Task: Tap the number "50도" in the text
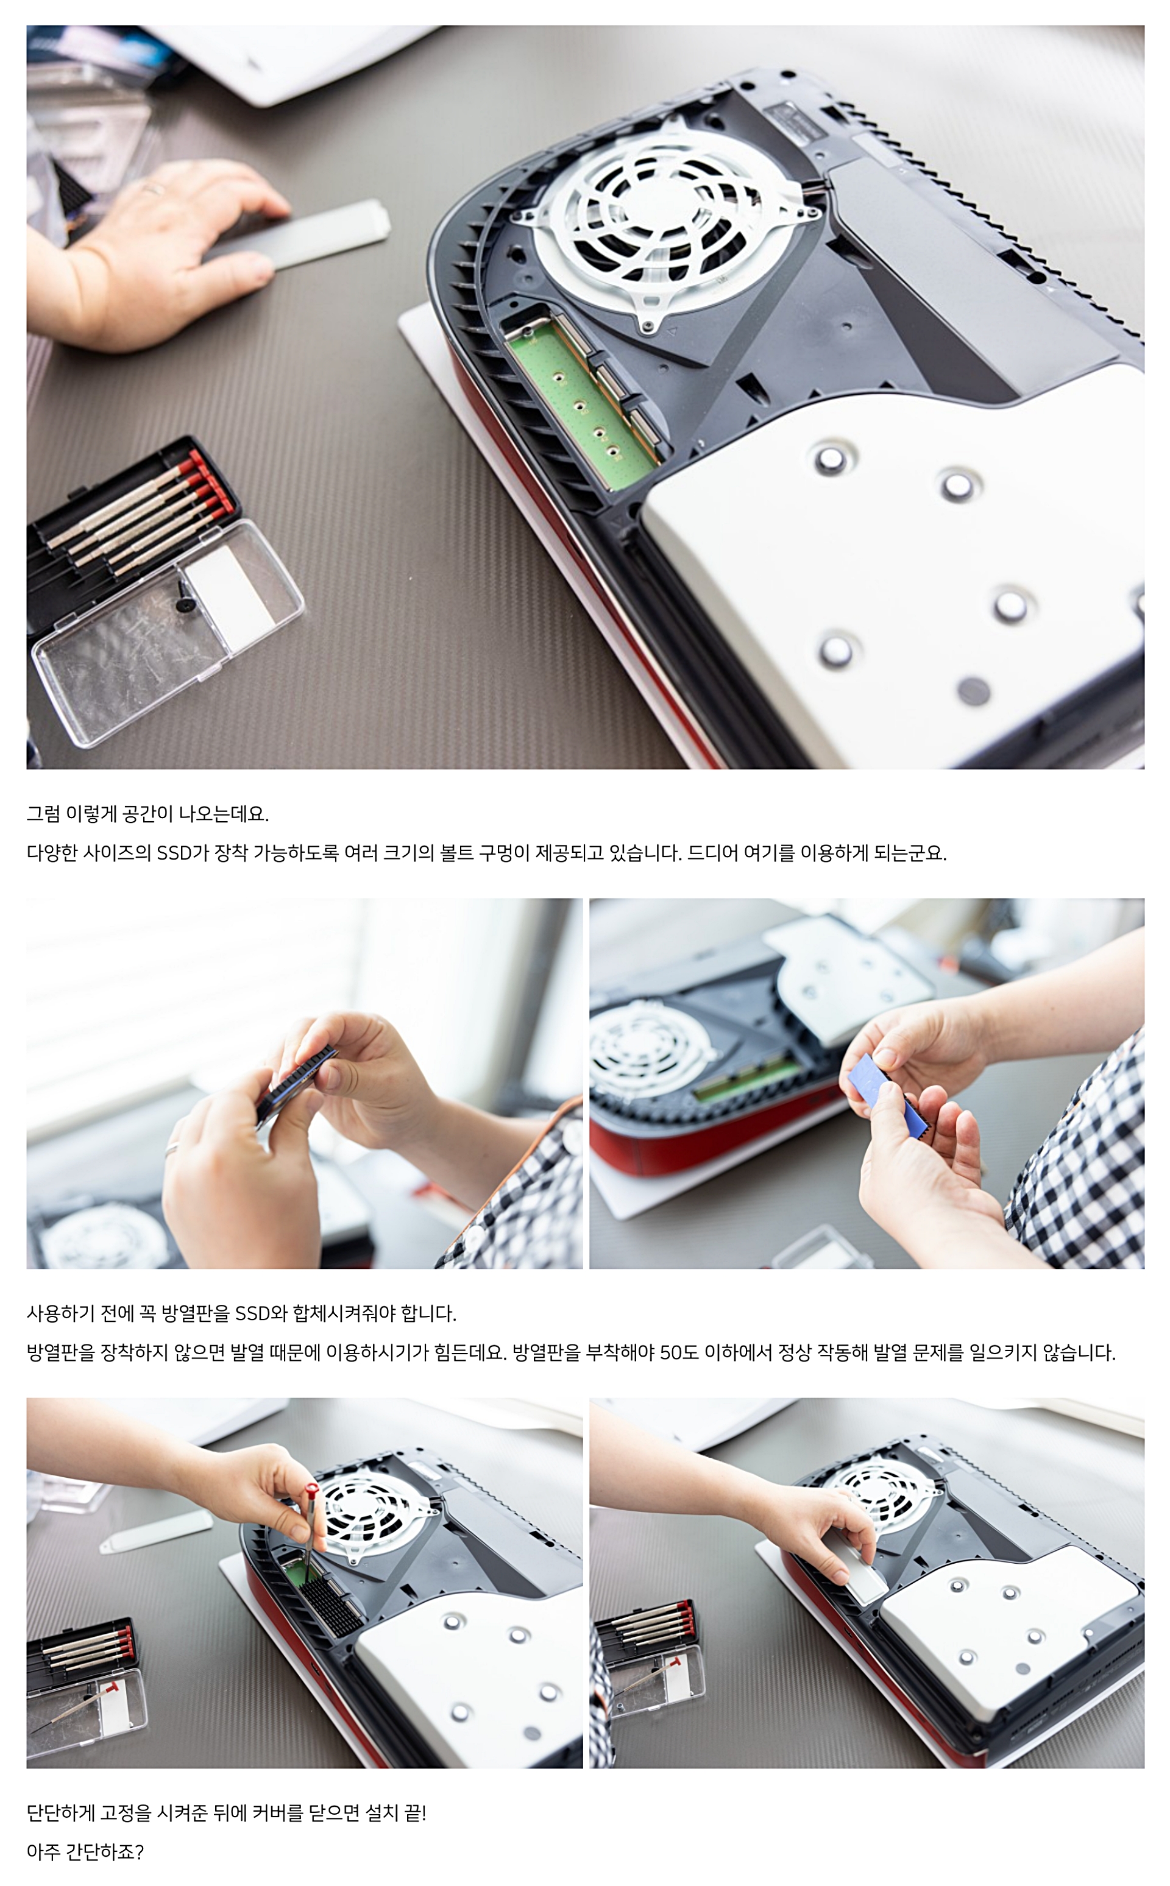click(679, 1352)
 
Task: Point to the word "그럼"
click(43, 814)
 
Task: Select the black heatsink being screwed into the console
click(331, 1606)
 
